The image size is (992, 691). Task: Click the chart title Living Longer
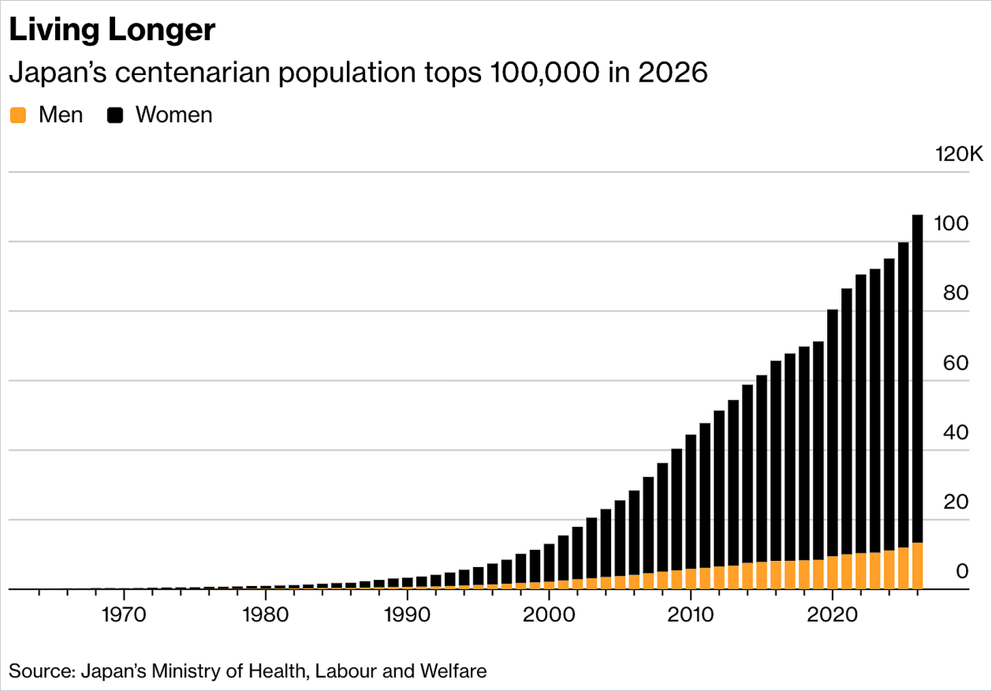click(x=112, y=30)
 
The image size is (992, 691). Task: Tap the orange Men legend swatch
click(x=18, y=115)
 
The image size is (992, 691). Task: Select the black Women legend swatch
click(x=115, y=115)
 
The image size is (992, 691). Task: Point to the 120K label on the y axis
click(x=959, y=154)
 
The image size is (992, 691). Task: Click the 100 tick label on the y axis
click(x=951, y=224)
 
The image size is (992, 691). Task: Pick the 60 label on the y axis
click(x=956, y=363)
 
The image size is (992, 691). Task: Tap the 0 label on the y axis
click(x=962, y=571)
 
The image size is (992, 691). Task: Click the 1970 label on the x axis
click(x=124, y=615)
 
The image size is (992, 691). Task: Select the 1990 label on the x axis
click(x=407, y=615)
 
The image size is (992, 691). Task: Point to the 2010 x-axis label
click(x=690, y=615)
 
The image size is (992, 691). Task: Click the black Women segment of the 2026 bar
click(x=918, y=379)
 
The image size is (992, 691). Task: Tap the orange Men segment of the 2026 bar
click(x=918, y=566)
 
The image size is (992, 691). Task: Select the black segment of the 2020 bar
click(x=833, y=433)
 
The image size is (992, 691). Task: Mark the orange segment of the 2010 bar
click(x=691, y=579)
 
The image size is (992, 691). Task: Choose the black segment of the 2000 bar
click(x=549, y=563)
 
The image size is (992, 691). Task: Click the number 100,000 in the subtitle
click(x=545, y=72)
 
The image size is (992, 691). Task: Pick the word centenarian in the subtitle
click(x=193, y=72)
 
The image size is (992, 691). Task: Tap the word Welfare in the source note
click(x=454, y=671)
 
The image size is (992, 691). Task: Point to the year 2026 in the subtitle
click(x=672, y=72)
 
